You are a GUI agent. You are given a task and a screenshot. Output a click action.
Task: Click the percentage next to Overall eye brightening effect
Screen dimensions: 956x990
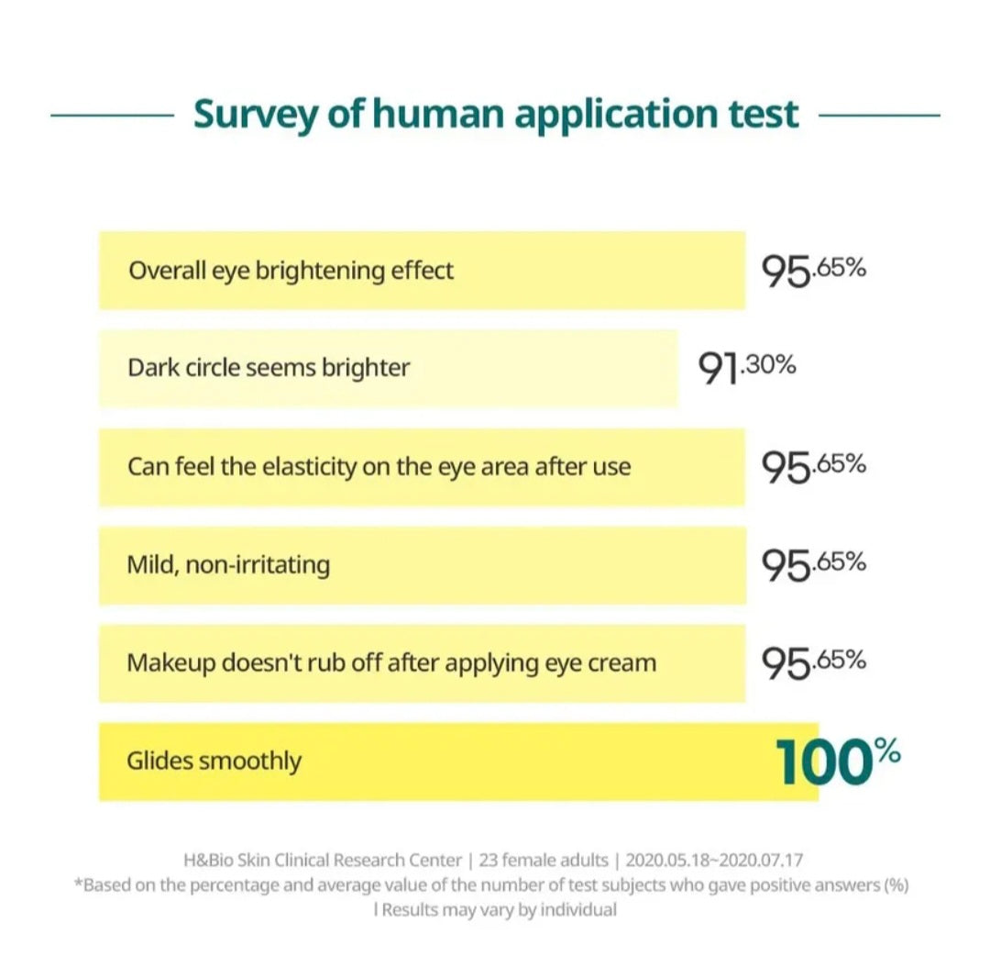click(814, 271)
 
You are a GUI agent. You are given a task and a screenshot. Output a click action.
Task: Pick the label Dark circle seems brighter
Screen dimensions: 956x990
click(269, 368)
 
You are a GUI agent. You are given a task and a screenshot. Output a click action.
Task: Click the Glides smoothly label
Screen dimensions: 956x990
click(214, 761)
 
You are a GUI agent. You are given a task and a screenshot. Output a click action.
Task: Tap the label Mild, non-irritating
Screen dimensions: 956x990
click(228, 563)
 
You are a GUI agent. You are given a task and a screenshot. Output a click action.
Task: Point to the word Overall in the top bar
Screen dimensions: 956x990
click(161, 271)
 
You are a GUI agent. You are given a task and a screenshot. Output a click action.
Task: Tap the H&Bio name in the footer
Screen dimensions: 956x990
click(208, 861)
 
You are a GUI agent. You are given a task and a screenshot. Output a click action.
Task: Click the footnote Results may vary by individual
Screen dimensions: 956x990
click(499, 910)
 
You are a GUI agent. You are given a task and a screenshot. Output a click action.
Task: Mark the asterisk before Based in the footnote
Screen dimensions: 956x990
click(77, 884)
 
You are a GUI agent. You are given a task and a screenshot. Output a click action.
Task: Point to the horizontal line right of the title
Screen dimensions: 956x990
click(878, 116)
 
